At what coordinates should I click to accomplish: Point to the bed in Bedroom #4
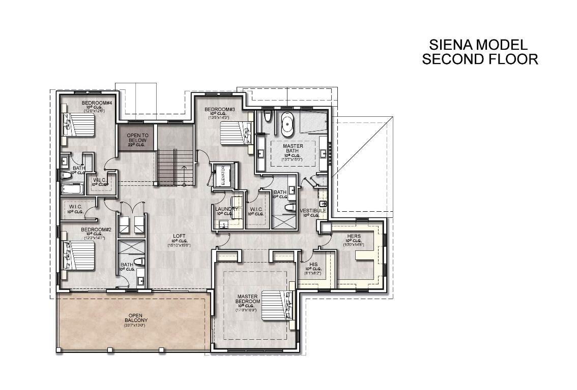(80, 124)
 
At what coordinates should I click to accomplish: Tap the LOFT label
(179, 236)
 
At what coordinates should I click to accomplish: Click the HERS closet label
(354, 236)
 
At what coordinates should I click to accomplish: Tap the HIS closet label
(313, 264)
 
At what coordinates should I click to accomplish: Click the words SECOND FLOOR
(480, 59)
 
